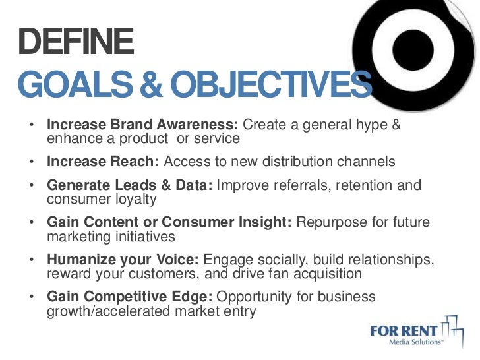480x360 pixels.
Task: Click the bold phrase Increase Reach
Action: pos(103,162)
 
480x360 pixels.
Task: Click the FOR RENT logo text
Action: pos(404,329)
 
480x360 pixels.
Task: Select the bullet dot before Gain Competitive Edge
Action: pos(32,297)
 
